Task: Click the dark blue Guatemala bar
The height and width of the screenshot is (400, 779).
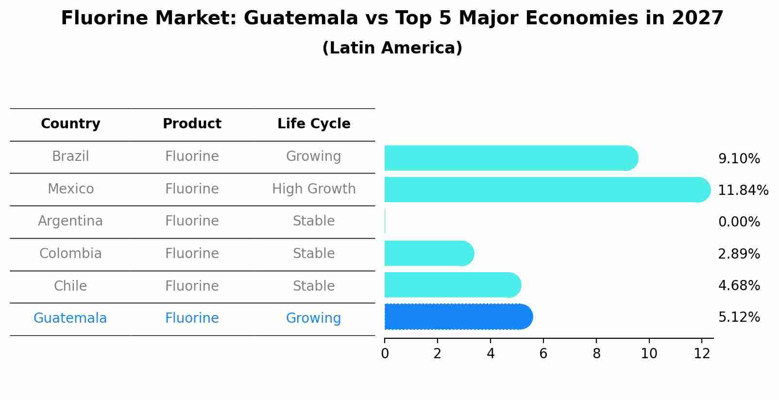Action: pos(457,317)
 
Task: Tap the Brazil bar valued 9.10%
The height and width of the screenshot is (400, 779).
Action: pos(510,158)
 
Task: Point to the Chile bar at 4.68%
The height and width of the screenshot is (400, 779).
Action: pos(452,285)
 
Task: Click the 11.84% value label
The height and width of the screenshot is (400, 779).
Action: pos(743,190)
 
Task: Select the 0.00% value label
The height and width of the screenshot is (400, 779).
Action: pos(739,222)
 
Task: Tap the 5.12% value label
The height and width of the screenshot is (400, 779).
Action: pos(739,317)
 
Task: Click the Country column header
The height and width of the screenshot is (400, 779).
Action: pos(70,124)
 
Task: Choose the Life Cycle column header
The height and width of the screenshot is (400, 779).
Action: pos(314,124)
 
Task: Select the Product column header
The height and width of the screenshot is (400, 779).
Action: pos(192,124)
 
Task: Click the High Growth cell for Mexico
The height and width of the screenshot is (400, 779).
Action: pos(314,189)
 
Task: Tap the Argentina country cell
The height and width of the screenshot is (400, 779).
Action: pos(70,221)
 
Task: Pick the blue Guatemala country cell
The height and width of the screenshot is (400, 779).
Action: pos(70,318)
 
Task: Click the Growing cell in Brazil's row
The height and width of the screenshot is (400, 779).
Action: pos(314,157)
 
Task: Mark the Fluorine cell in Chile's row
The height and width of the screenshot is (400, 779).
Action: pos(192,286)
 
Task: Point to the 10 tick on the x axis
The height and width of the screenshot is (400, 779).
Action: pos(649,353)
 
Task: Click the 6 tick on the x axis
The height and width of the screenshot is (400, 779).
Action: pos(543,353)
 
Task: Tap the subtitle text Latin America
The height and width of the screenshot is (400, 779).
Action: pos(392,48)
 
